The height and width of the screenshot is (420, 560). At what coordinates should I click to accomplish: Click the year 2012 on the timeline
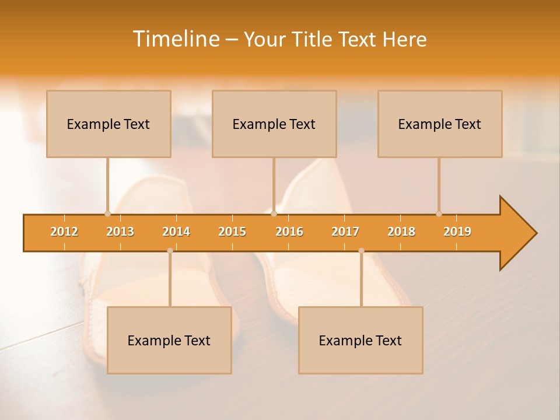tap(64, 232)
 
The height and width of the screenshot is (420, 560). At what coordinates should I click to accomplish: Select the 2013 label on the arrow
tap(120, 232)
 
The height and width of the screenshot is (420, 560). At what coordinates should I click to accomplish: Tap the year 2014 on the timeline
tap(176, 232)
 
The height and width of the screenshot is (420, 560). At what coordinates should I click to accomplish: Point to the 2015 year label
tap(232, 232)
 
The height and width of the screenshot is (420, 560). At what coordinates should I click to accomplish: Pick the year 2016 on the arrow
tap(289, 232)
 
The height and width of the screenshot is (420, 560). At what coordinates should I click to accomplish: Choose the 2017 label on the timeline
tap(345, 232)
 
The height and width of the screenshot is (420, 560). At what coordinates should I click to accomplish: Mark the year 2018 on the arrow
tap(401, 232)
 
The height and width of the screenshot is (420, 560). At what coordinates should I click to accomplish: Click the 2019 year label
tap(457, 232)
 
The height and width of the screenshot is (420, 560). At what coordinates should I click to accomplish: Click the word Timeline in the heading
tap(176, 39)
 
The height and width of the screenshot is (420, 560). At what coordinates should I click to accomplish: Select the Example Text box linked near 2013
tap(108, 124)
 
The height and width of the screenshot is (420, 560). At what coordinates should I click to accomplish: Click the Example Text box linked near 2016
tap(274, 124)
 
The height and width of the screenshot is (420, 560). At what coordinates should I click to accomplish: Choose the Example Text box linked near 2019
tap(440, 124)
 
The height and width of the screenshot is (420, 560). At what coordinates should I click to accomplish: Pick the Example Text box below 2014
tap(169, 340)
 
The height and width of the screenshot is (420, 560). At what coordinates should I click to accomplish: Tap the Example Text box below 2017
tap(360, 340)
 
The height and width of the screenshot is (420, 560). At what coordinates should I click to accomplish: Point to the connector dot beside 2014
tap(170, 250)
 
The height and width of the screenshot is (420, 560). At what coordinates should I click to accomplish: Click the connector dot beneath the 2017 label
tap(361, 250)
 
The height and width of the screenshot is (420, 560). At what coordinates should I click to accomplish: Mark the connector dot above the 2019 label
tap(439, 213)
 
